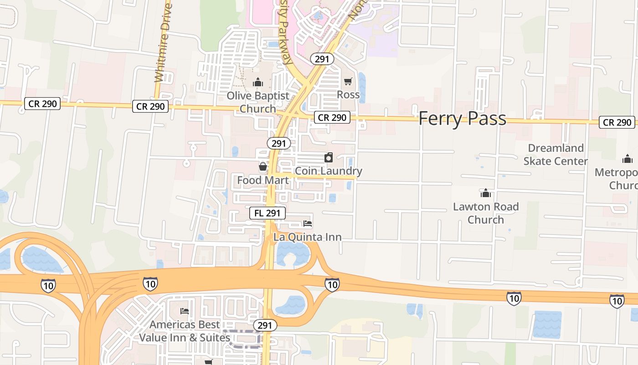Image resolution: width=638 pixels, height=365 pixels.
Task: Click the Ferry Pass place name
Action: (x=462, y=118)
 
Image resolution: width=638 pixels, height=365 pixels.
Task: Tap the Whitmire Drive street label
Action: (x=163, y=43)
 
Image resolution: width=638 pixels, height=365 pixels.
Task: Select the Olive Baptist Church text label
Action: (x=258, y=102)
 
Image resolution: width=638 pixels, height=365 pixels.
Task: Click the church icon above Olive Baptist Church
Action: (x=258, y=83)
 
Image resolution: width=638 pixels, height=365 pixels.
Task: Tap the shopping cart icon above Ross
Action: (x=348, y=82)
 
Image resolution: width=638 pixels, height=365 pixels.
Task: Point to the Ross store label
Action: (x=348, y=95)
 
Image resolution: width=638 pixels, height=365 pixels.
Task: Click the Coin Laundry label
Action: (x=329, y=171)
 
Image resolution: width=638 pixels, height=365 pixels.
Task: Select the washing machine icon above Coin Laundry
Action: (x=329, y=158)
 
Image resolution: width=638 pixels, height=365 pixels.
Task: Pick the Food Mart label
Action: (x=263, y=180)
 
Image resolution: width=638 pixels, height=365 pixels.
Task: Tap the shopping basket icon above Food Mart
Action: (x=263, y=167)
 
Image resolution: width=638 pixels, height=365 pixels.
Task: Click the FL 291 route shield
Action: (x=268, y=213)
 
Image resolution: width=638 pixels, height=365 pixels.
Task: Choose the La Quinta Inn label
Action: (x=308, y=237)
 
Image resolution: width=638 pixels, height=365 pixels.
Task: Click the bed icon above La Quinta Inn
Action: (x=308, y=224)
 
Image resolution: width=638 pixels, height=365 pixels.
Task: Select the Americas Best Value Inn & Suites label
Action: (x=185, y=331)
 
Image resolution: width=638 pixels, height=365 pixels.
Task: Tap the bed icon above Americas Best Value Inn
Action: (x=185, y=311)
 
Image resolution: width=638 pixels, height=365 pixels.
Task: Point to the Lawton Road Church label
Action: (x=486, y=213)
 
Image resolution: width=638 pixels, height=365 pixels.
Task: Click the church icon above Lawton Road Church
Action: (x=486, y=193)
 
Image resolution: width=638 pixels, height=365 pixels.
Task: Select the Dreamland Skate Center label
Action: (x=556, y=155)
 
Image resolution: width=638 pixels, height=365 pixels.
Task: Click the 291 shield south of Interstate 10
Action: (x=265, y=325)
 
